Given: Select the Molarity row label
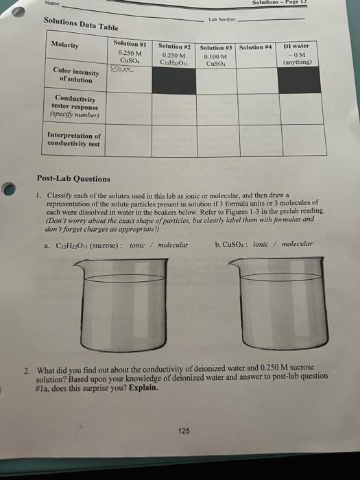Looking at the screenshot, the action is [65, 45].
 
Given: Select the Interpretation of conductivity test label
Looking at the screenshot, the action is [73, 140].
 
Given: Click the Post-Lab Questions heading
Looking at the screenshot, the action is [73, 178].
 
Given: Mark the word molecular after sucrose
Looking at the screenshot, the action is [173, 243].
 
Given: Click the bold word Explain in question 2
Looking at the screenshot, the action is [144, 387].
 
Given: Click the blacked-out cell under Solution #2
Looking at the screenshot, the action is [174, 76].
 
